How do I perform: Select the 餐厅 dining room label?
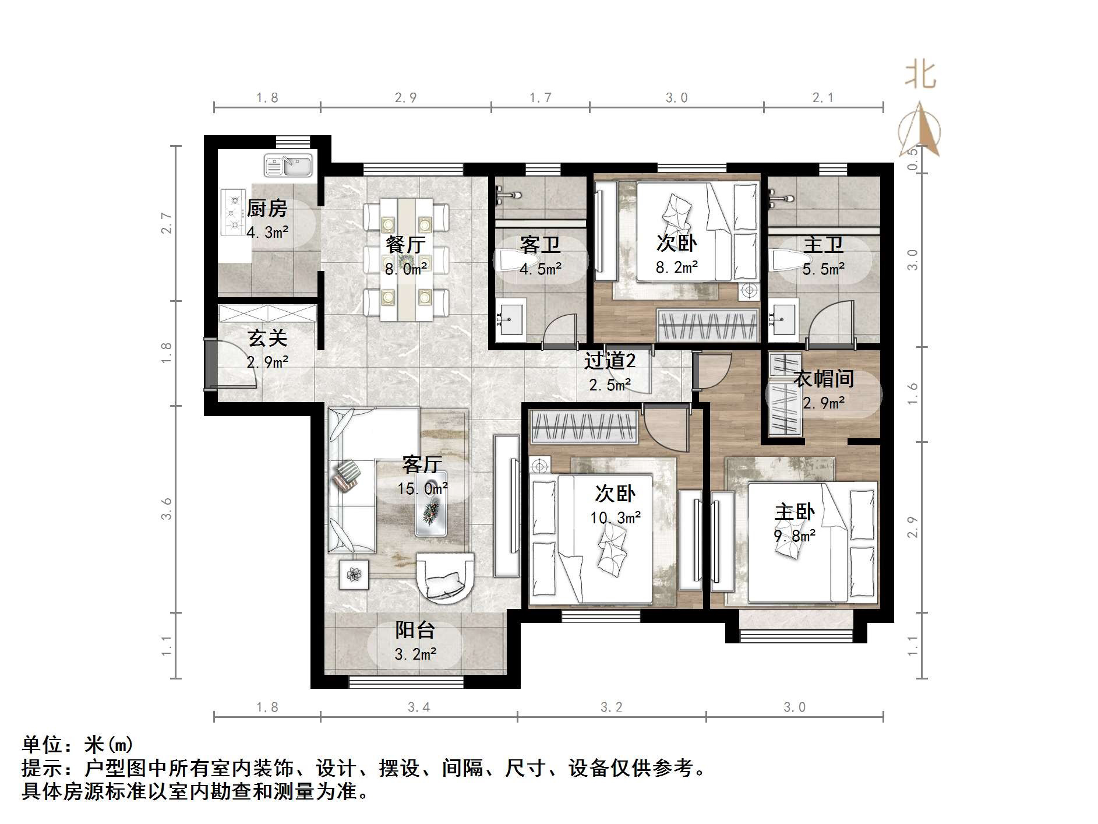(405, 245)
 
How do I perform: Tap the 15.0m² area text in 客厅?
(423, 489)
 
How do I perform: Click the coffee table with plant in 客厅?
(431, 511)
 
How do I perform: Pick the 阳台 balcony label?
(415, 631)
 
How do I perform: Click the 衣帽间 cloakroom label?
(824, 379)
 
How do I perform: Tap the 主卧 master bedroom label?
(794, 513)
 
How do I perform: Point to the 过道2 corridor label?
(609, 361)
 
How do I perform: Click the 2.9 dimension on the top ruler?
(405, 97)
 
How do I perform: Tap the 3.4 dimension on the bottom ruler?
(419, 707)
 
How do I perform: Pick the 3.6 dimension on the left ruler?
(167, 508)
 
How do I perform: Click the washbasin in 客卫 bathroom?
(511, 320)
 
